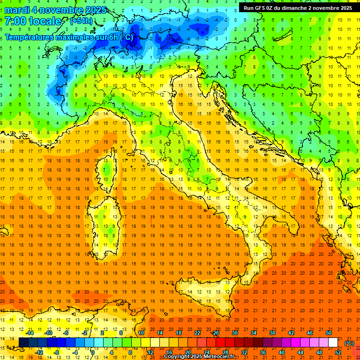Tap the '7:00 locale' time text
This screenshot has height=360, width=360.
click(x=33, y=22)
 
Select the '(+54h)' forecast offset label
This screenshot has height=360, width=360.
click(x=81, y=21)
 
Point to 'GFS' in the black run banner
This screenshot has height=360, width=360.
click(x=263, y=8)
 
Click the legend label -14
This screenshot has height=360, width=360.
click(x=30, y=333)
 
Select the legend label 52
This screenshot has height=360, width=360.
click(x=338, y=352)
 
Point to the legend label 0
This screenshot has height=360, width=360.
click(x=93, y=352)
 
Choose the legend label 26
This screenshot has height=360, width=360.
click(x=216, y=333)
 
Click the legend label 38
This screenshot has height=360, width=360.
click(x=272, y=333)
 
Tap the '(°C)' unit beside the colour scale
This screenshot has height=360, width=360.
click(x=349, y=343)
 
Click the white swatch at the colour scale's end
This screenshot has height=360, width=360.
click(x=333, y=343)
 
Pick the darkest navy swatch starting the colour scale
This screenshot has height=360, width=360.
click(x=23, y=343)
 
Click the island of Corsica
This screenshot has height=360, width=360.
click(x=109, y=169)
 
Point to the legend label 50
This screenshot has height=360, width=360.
click(x=328, y=333)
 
